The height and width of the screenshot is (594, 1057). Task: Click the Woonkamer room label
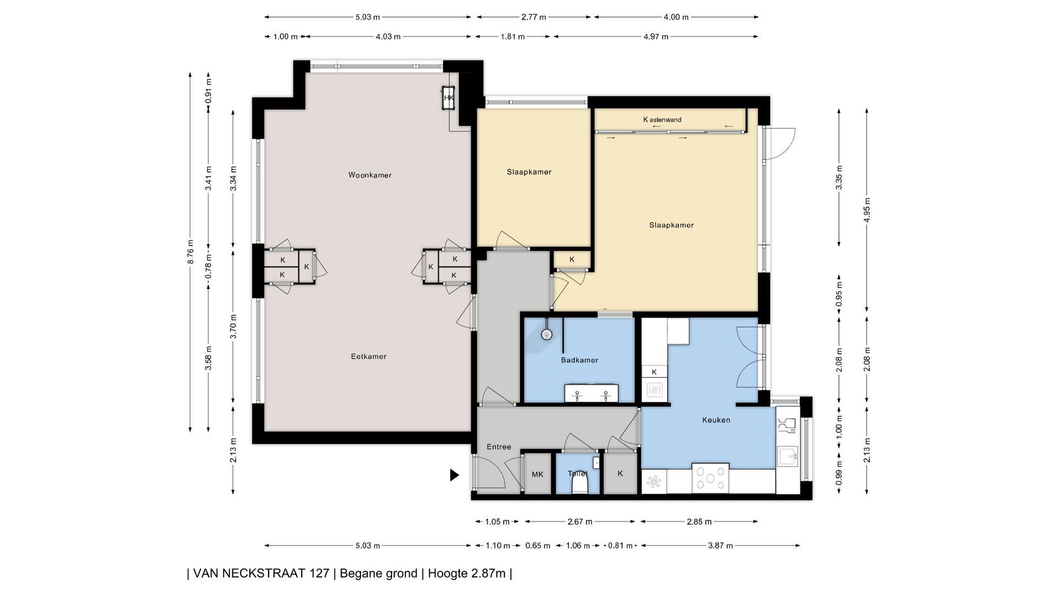[x=370, y=175]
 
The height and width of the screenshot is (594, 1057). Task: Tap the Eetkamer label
[x=369, y=356]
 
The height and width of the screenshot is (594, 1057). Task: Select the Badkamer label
[x=580, y=360]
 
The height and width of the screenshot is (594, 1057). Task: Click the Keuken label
[x=716, y=420]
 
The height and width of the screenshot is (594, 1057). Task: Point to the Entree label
[x=499, y=447]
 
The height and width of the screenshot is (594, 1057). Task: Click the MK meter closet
[x=538, y=474]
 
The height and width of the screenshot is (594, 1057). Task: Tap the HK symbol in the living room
[x=449, y=98]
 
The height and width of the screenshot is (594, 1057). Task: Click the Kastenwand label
[x=662, y=119]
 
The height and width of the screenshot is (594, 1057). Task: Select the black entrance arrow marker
[x=454, y=475]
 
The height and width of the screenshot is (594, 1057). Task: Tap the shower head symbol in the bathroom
[x=547, y=334]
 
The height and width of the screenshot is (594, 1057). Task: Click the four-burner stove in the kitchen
[x=711, y=477]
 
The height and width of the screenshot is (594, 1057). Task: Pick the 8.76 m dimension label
[x=190, y=252]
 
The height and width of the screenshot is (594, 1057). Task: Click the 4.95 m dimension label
[x=867, y=210]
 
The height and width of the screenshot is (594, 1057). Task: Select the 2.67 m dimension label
[x=580, y=522]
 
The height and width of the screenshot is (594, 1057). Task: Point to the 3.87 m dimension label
[x=721, y=546]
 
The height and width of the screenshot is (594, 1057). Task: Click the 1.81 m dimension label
[x=513, y=37]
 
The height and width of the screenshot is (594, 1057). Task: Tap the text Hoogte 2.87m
[x=467, y=574]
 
